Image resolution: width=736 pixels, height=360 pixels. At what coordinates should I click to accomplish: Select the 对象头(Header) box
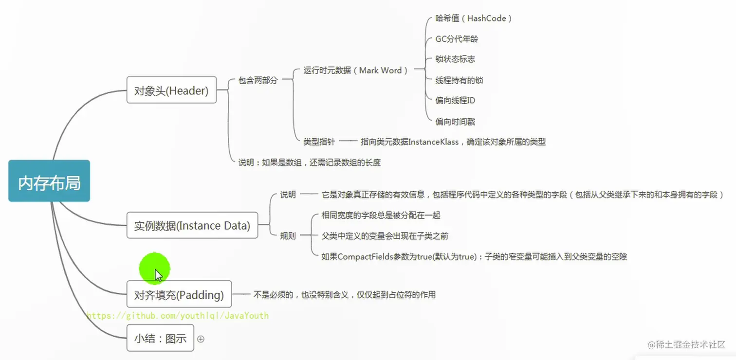coord(171,90)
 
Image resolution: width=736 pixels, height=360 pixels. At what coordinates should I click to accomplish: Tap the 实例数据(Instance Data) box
coord(192,225)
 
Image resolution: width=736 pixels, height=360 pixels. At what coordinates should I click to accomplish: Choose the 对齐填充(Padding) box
coord(179,294)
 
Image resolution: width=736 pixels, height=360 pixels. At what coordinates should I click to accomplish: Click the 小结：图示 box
coord(160,338)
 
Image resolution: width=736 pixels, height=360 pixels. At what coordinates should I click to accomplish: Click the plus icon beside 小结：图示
coord(201,339)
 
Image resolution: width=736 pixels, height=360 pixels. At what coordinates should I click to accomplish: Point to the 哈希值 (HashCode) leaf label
coord(473,18)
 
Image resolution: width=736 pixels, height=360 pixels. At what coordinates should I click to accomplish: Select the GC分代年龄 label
coord(453,39)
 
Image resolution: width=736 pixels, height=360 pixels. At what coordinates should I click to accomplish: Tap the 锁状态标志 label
coord(455,59)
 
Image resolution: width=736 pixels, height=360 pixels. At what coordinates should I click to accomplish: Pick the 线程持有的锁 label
coord(459,80)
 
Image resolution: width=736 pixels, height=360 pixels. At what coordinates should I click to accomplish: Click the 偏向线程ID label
coord(455,101)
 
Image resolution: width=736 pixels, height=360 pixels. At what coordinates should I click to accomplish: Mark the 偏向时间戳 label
coord(455,122)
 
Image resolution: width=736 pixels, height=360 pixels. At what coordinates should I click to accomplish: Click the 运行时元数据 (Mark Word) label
coord(355,71)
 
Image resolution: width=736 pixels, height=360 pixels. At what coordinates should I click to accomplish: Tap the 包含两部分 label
coord(258,80)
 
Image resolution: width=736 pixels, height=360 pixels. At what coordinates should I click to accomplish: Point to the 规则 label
coord(288,236)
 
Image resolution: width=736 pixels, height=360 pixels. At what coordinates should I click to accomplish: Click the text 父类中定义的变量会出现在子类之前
coord(385,236)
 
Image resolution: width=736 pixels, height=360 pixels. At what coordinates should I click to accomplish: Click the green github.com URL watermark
coord(177,316)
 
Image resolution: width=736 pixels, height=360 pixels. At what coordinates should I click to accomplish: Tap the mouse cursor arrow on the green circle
coord(158,275)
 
